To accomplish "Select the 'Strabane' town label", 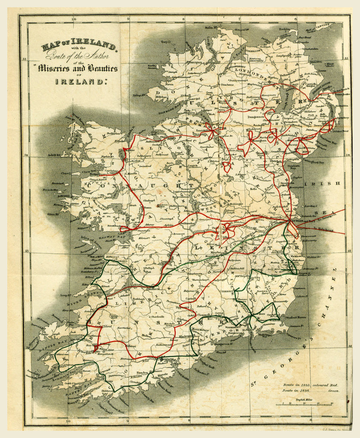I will click(x=227, y=85).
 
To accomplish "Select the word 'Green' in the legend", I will click(x=331, y=391).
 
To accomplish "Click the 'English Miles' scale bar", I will click(x=304, y=403).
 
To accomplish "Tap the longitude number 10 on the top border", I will click(x=73, y=19).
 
